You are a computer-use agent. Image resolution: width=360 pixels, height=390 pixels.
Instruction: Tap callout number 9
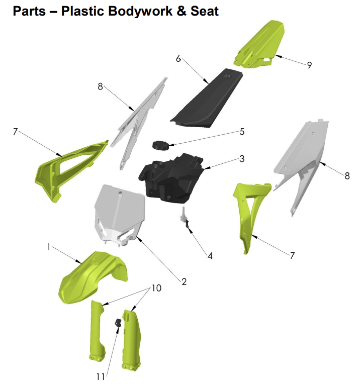coord(309,64)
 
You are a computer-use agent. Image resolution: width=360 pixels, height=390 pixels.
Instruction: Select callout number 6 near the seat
coord(178,59)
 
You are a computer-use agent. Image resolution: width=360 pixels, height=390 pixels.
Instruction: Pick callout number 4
coord(210,256)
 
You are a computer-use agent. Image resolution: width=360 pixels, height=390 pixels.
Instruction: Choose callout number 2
coord(184,282)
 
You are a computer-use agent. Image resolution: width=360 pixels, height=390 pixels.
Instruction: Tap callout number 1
coord(49,248)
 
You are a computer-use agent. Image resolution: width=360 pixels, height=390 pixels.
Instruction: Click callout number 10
coord(156,288)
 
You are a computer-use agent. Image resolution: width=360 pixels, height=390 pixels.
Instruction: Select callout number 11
coord(100,376)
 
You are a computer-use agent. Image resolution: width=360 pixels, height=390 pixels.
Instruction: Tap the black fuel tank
coord(171,176)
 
